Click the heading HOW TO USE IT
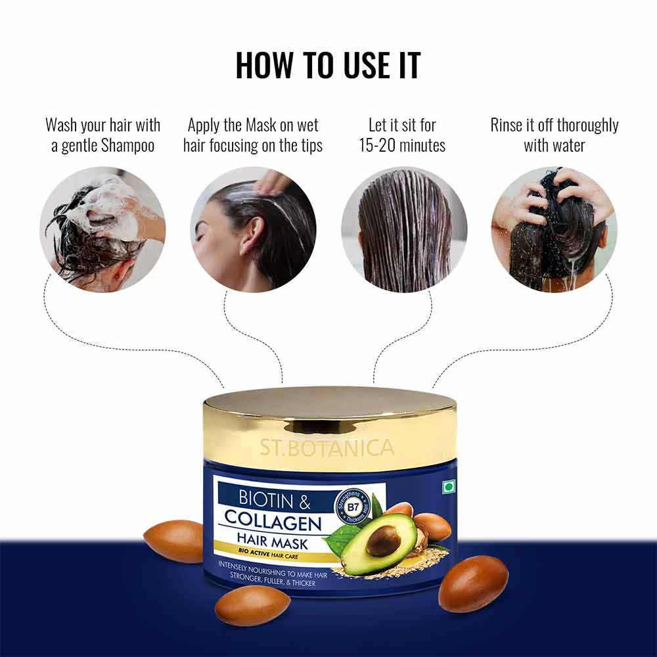point(328,64)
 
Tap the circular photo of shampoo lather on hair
point(102,229)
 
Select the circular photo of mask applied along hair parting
point(254,229)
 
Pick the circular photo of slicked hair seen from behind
point(404,229)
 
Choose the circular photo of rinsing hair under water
point(555,229)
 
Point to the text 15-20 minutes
point(402,146)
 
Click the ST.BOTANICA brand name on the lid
point(327,449)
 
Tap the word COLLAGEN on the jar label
point(273,523)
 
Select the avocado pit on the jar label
point(383,541)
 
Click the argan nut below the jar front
point(252,604)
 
